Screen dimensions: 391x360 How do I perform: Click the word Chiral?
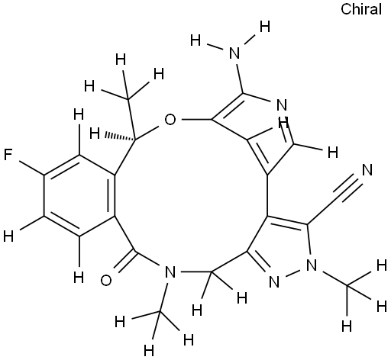pyautogui.click(x=361, y=9)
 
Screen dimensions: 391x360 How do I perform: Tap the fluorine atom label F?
pyautogui.click(x=8, y=155)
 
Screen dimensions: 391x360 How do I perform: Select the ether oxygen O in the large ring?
pyautogui.click(x=170, y=120)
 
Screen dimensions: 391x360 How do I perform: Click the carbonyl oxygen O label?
pyautogui.click(x=106, y=280)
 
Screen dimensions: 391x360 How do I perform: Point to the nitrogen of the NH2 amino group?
pyautogui.click(x=234, y=53)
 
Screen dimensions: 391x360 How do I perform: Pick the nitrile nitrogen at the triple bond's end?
pyautogui.click(x=367, y=170)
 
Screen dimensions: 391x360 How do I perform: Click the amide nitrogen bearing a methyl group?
pyautogui.click(x=170, y=272)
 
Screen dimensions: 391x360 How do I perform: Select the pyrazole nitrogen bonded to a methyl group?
pyautogui.click(x=312, y=265)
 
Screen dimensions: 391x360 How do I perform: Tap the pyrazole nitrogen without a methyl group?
pyautogui.click(x=274, y=282)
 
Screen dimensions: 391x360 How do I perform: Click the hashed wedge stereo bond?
pyautogui.click(x=119, y=137)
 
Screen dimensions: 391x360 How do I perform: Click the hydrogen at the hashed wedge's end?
pyautogui.click(x=95, y=133)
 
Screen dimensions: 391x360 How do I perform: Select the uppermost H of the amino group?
pyautogui.click(x=265, y=27)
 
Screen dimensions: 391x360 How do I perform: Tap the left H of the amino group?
pyautogui.click(x=195, y=41)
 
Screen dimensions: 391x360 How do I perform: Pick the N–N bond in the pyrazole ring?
pyautogui.click(x=292, y=274)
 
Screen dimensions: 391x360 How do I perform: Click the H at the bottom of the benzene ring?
pyautogui.click(x=79, y=277)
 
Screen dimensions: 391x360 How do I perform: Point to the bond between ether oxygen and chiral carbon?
pyautogui.click(x=148, y=132)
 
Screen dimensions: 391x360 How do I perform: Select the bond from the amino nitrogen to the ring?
pyautogui.click(x=239, y=78)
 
